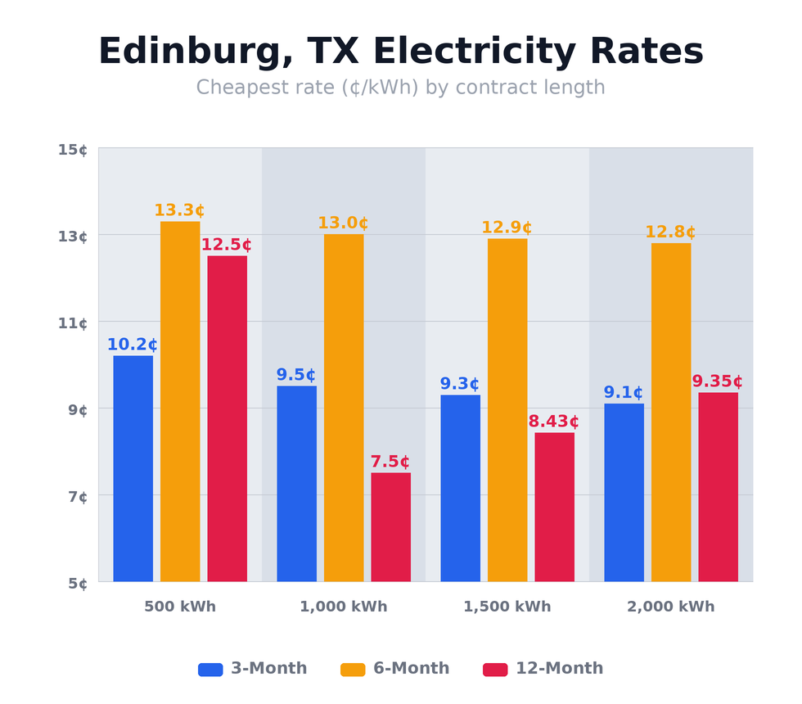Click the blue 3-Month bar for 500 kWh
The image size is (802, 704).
133,468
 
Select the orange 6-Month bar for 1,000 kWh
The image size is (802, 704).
344,408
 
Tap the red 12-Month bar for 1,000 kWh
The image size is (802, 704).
390,527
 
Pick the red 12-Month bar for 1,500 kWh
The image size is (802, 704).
554,507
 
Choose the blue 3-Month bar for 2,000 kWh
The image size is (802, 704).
624,492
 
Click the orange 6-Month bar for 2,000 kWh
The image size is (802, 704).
671,412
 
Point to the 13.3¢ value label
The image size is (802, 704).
179,210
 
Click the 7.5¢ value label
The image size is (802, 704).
390,462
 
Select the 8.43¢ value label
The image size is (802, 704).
553,422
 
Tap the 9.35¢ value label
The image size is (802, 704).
717,381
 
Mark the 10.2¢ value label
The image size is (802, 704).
133,345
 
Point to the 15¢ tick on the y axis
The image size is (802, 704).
73,149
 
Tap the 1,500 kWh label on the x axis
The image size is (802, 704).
507,607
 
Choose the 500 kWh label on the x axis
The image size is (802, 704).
180,607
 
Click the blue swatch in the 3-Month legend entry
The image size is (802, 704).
210,669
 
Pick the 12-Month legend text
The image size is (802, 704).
559,669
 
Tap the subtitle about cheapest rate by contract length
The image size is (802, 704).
401,88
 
